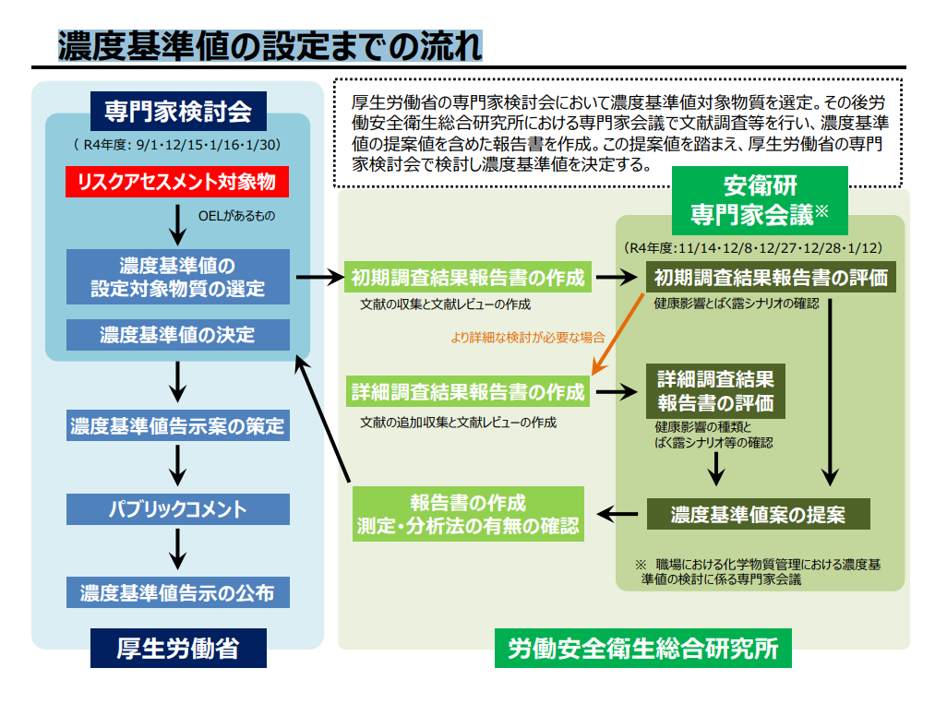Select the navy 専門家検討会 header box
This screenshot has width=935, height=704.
click(177, 111)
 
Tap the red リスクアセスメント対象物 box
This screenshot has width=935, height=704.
click(177, 182)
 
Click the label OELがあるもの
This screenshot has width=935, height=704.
click(237, 218)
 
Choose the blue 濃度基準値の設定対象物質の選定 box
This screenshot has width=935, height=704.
click(177, 277)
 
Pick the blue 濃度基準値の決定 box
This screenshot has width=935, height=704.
click(177, 334)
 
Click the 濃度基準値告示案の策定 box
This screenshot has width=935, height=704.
click(177, 427)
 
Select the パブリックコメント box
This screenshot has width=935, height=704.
click(177, 508)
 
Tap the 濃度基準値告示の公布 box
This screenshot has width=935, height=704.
click(177, 592)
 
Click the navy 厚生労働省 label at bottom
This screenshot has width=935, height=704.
click(177, 649)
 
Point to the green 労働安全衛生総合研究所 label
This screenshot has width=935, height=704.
click(642, 650)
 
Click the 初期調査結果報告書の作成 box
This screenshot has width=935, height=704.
click(468, 277)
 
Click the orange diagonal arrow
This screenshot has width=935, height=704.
click(617, 333)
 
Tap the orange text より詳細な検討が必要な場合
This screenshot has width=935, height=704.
click(528, 337)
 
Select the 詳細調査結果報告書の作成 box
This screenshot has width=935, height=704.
click(468, 392)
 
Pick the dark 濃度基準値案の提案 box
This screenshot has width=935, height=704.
click(758, 513)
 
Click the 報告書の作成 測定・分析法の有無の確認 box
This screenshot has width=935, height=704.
click(468, 514)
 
